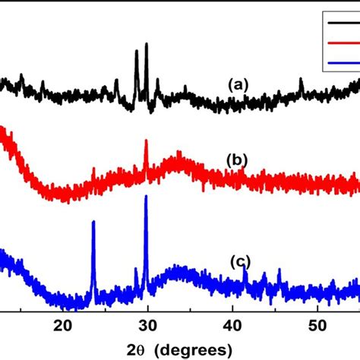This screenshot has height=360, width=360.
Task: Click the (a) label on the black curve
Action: tap(240, 85)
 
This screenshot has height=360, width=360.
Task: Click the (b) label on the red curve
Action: tap(238, 160)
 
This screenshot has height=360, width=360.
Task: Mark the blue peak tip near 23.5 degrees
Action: tap(93, 222)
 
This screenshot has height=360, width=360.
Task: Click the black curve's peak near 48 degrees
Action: tap(301, 79)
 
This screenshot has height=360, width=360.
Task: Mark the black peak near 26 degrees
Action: tap(116, 80)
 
